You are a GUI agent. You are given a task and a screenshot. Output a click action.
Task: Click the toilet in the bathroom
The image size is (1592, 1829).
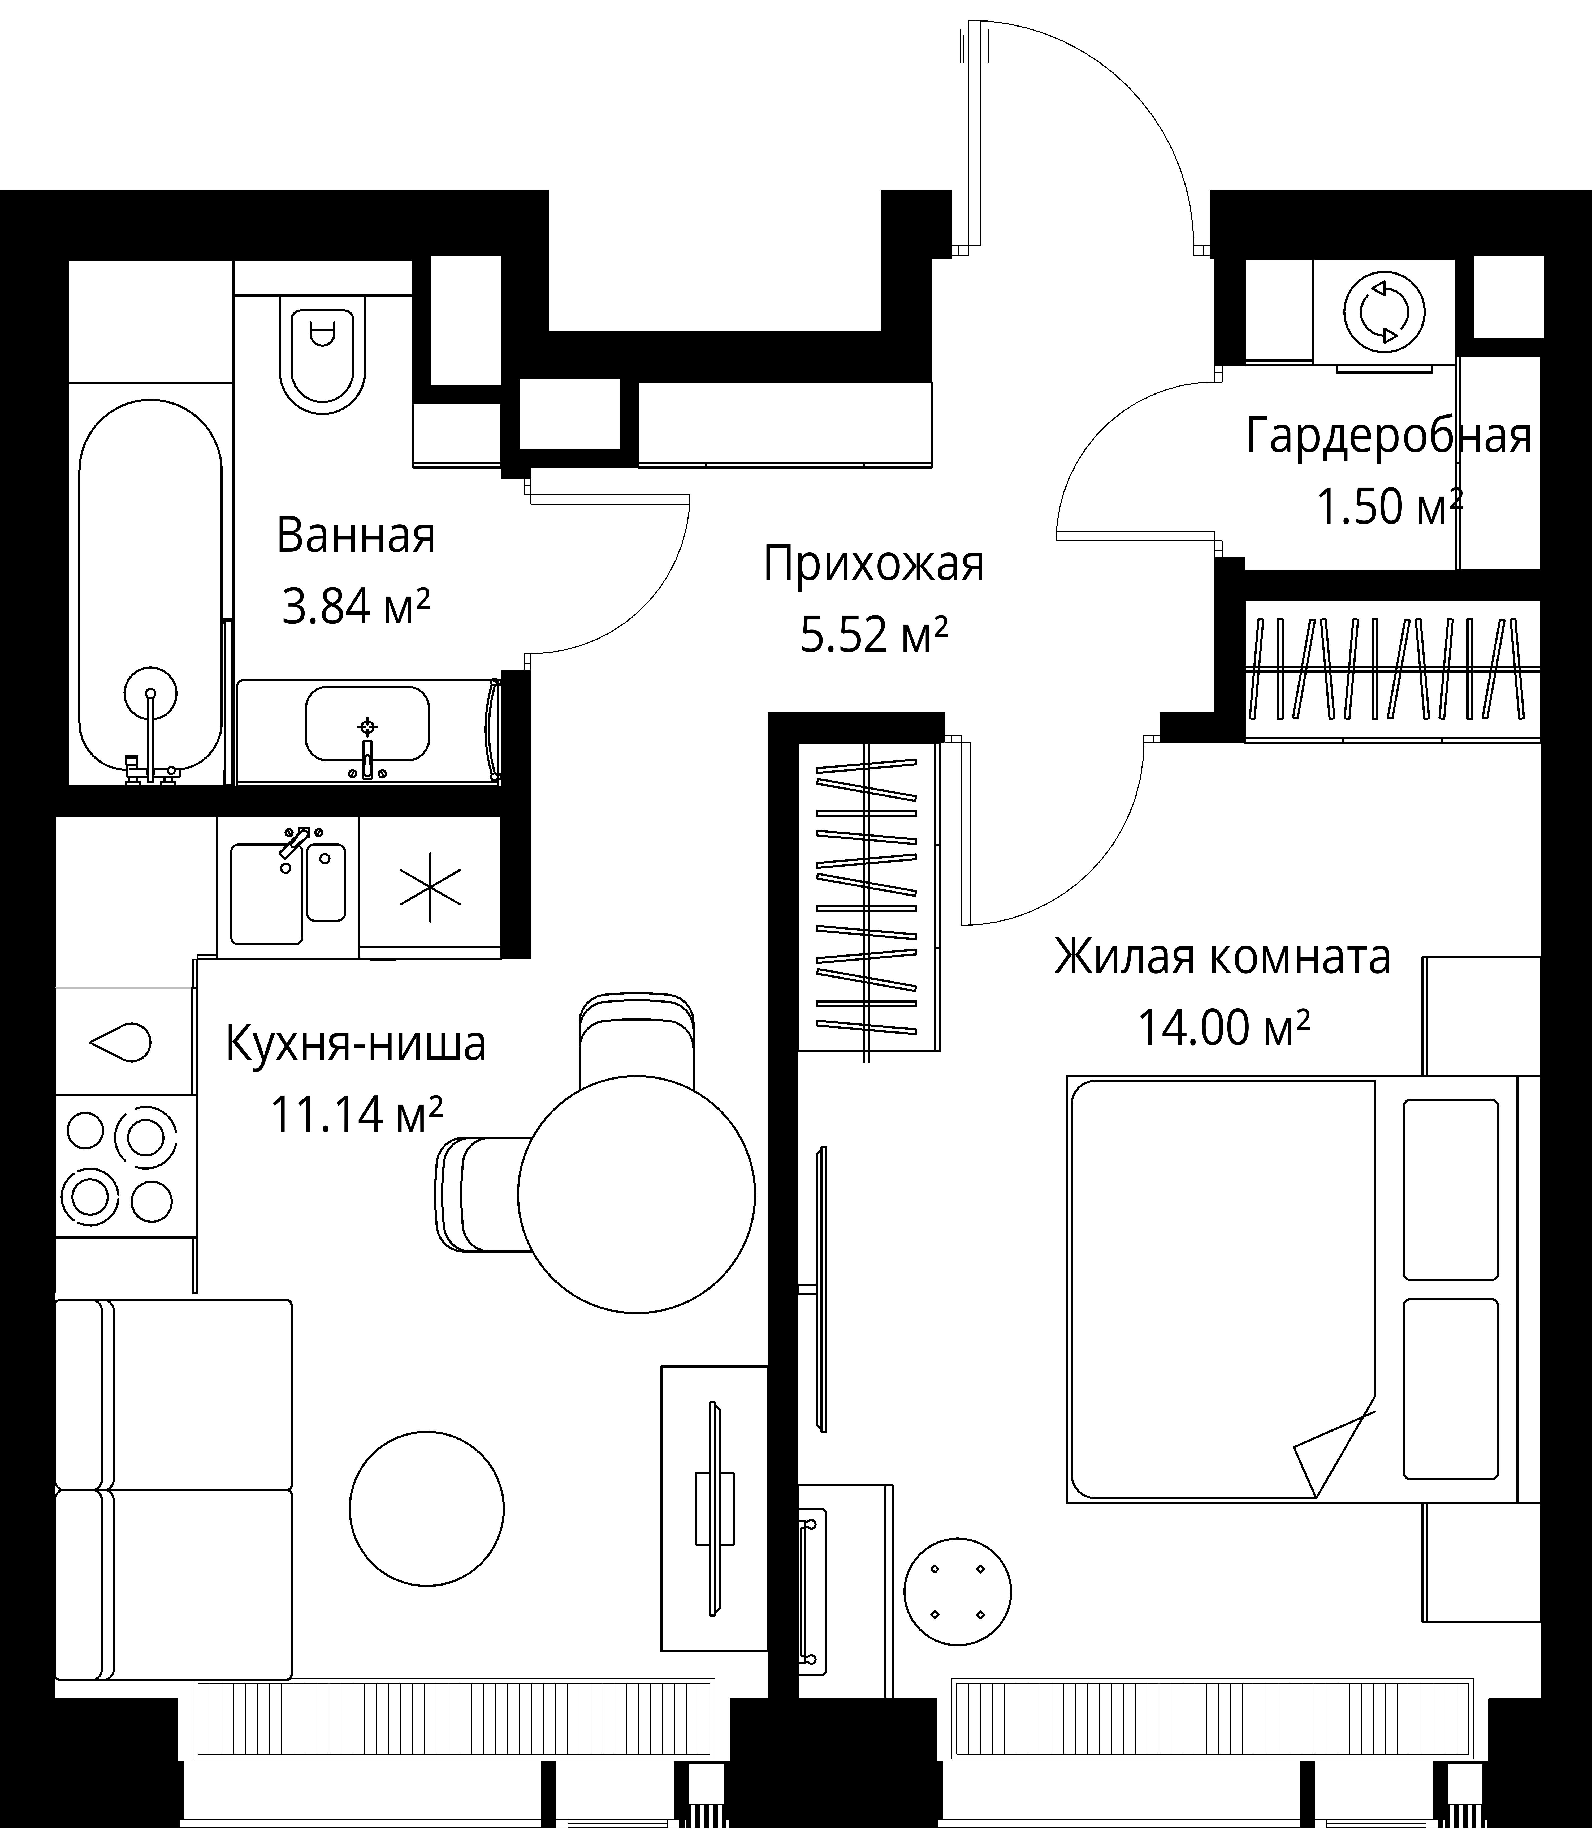(x=322, y=351)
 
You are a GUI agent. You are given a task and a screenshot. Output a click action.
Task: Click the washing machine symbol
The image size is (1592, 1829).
(x=1384, y=312)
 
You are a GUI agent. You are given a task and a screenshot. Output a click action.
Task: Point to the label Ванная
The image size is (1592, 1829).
(x=355, y=536)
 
